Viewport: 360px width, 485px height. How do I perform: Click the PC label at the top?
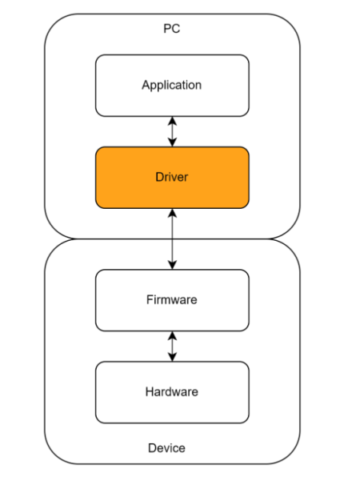[x=172, y=29]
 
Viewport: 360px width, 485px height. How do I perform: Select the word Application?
[x=172, y=85]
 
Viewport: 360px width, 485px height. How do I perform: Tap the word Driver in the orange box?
[x=172, y=177]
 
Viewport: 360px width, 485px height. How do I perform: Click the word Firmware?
[x=172, y=299]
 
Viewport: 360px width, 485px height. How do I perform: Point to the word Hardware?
[x=172, y=392]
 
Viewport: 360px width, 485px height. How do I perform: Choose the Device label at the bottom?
[x=166, y=448]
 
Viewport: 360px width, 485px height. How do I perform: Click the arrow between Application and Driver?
[x=172, y=132]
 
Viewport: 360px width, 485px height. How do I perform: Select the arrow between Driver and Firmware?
[x=172, y=239]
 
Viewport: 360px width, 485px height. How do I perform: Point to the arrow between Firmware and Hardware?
[x=172, y=347]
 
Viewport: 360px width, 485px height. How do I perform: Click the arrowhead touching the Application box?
[x=172, y=121]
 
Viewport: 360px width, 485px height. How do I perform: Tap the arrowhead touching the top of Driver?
[x=172, y=142]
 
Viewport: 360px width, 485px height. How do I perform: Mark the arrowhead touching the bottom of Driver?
[x=172, y=213]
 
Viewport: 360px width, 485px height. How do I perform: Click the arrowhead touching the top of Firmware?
[x=172, y=265]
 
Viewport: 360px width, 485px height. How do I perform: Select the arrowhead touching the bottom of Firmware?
[x=172, y=335]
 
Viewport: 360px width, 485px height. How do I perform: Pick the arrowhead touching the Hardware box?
[x=172, y=357]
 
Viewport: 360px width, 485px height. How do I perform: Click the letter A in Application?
[x=146, y=85]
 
